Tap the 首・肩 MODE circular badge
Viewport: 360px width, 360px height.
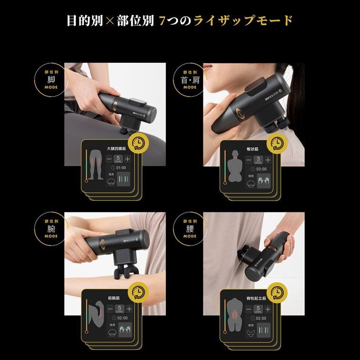pyautogui.click(x=190, y=80)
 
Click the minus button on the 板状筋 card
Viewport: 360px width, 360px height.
pyautogui.click(x=248, y=160)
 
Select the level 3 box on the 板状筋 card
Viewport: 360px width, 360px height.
pyautogui.click(x=258, y=160)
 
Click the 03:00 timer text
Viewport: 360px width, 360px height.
pyautogui.click(x=260, y=169)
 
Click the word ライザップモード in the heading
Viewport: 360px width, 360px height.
pyautogui.click(x=243, y=21)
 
